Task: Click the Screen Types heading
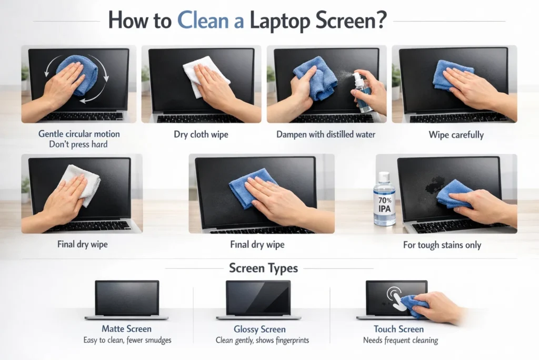263,268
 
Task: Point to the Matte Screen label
126,329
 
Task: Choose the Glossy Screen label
259,329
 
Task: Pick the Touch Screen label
398,329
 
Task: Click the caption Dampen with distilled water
326,134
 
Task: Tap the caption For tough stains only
442,245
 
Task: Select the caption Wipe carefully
456,134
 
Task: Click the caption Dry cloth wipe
201,134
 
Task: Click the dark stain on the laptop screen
435,184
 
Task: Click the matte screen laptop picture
126,299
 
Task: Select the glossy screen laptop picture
258,299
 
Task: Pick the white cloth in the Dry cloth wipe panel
203,75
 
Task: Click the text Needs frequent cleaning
401,340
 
